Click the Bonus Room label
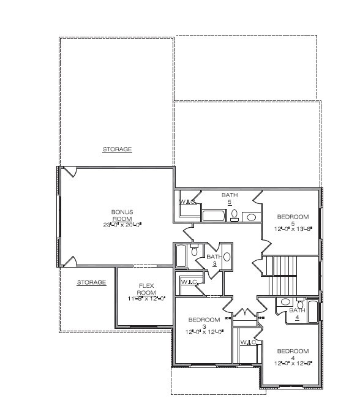point(122,215)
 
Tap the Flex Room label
point(146,288)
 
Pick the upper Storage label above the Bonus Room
point(116,149)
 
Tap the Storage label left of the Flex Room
point(91,282)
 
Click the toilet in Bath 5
point(234,214)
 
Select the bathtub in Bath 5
point(214,216)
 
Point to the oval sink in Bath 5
point(251,216)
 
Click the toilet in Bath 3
point(194,250)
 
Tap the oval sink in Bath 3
point(227,257)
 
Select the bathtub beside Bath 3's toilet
point(181,257)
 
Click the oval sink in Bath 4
point(285,302)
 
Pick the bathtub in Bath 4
point(312,312)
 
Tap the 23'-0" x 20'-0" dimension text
point(122,225)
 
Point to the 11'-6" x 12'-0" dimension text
point(146,298)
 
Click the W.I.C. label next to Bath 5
point(187,201)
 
